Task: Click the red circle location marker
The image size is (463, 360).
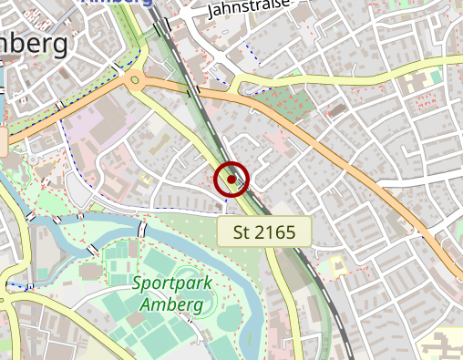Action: click(x=231, y=180)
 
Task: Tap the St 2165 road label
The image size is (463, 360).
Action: click(x=264, y=231)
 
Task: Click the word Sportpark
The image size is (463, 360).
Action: click(x=172, y=283)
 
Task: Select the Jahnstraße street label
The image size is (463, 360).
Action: click(x=249, y=9)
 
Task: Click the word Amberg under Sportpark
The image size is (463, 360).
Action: click(x=171, y=303)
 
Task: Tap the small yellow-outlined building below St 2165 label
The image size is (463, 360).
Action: click(x=336, y=267)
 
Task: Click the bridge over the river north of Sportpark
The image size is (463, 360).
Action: click(x=143, y=228)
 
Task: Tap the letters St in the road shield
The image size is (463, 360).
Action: click(x=240, y=231)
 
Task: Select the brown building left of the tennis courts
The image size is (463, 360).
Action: click(x=90, y=272)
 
